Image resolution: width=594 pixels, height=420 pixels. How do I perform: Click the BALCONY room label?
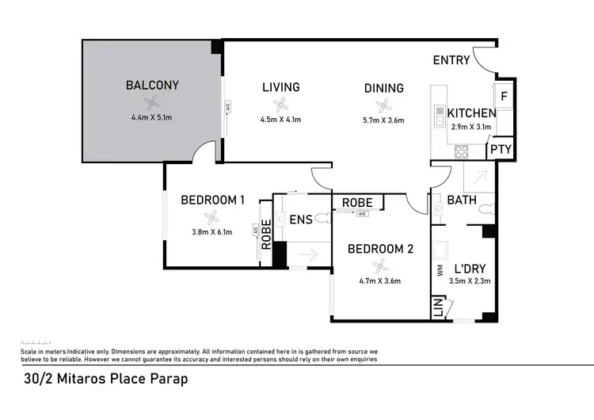152,85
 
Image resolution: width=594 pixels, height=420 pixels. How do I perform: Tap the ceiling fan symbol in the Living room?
280,105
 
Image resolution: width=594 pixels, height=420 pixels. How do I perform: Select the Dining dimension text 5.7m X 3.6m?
384,120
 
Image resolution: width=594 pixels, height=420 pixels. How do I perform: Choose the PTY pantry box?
500,149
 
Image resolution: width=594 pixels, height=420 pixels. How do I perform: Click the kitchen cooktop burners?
462,151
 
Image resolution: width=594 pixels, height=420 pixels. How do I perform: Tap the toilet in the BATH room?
489,210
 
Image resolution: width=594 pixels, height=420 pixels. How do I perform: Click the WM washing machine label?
440,270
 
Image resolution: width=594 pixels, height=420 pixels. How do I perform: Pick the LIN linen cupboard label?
438,307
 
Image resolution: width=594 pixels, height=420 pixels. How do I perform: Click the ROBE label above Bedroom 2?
358,203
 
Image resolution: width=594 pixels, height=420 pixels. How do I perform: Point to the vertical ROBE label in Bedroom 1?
266,235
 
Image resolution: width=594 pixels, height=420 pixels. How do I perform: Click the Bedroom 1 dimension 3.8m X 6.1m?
211,233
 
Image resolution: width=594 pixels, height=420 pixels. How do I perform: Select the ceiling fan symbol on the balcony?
156,101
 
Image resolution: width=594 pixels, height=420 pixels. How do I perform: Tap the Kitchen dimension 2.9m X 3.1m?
472,127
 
